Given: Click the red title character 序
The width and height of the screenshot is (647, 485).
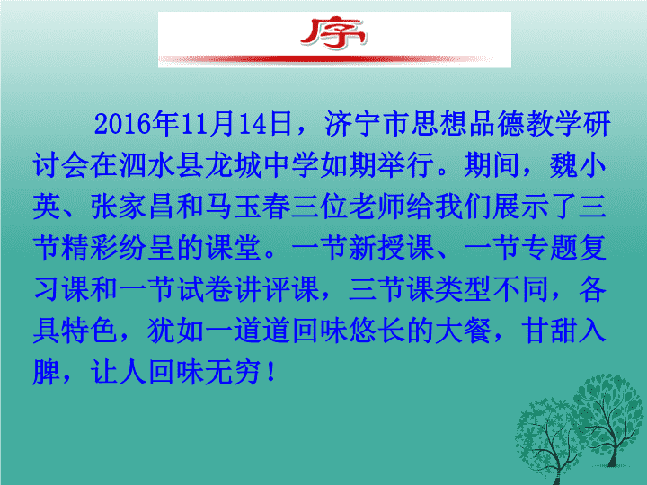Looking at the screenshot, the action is point(333,33).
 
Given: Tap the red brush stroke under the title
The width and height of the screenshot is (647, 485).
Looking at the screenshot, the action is point(326,60).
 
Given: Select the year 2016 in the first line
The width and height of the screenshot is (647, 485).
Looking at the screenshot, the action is point(122,124).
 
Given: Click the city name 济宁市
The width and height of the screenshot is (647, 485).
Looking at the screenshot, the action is point(367,124).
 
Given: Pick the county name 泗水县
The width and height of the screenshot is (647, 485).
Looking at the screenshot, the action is point(162,165).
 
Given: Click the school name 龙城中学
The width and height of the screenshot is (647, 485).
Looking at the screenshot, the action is point(262,165).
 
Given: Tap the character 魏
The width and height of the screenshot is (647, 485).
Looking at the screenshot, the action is point(563,165).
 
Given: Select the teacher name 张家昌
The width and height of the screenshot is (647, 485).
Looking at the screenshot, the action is point(133,207).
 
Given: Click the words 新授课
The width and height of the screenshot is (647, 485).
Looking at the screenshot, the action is point(391,248).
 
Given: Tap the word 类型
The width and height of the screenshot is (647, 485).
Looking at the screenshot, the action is point(463,288).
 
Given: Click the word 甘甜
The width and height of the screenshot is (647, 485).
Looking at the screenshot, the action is point(549,331).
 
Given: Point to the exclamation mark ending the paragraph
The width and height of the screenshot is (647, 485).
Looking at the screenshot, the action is point(271,371).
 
